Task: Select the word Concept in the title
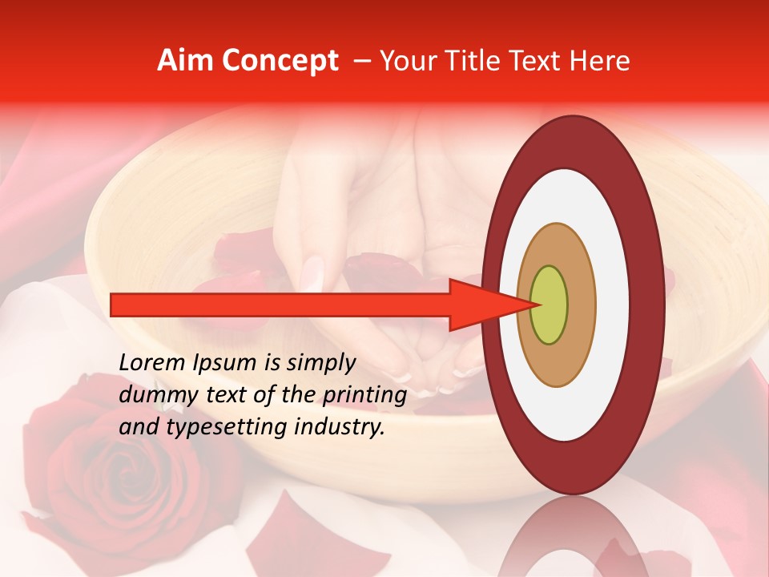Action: pyautogui.click(x=280, y=62)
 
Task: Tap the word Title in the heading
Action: pyautogui.click(x=485, y=61)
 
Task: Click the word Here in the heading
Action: pyautogui.click(x=599, y=61)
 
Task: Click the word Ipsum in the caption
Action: pyautogui.click(x=225, y=364)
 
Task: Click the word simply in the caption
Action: pyautogui.click(x=320, y=364)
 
